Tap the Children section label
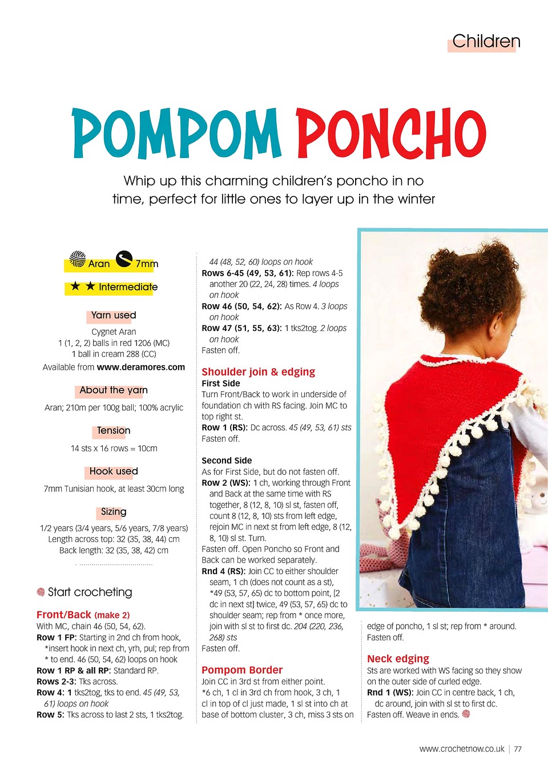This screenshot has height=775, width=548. tap(485, 41)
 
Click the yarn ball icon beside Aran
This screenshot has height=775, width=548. tap(77, 259)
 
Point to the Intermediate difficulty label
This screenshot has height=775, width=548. tap(128, 287)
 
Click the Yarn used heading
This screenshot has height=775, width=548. tap(113, 315)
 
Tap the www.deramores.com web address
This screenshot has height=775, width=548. tap(140, 367)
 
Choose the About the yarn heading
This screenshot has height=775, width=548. tap(113, 390)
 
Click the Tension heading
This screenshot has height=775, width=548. tap(113, 431)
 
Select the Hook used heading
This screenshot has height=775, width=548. tap(113, 471)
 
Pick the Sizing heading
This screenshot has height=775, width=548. tap(113, 512)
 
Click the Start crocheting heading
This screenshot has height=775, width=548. tap(90, 592)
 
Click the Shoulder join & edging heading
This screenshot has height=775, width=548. tap(258, 372)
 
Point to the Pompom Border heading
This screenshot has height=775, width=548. tap(242, 670)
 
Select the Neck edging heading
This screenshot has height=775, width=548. tap(398, 659)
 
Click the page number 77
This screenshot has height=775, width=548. tap(518, 749)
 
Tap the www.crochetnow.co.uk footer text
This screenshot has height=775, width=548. tap(462, 749)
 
